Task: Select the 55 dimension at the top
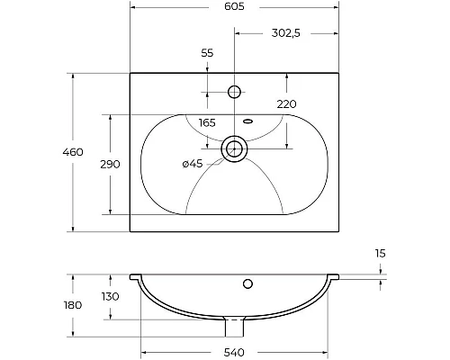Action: (207, 53)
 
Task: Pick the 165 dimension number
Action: (207, 121)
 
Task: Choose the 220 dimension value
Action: (286, 104)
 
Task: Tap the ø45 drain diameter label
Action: (193, 163)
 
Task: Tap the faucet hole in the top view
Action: (235, 92)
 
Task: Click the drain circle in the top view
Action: (235, 147)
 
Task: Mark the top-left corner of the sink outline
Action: (130, 73)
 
